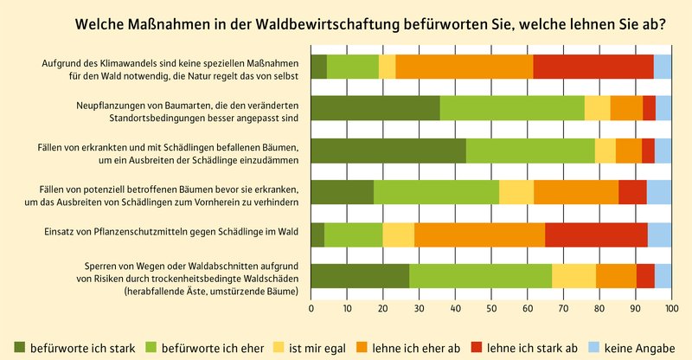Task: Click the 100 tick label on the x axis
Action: pos(671,306)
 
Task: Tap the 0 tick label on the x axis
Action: pos(311,306)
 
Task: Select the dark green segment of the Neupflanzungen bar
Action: pos(375,108)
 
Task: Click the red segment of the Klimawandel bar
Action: pos(593,67)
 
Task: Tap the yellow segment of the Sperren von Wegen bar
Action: pos(573,276)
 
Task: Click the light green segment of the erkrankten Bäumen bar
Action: pos(530,151)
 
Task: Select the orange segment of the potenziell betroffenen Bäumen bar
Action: pos(576,192)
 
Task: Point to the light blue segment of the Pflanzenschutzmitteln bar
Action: pos(659,235)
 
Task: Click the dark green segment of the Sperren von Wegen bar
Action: pos(360,276)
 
